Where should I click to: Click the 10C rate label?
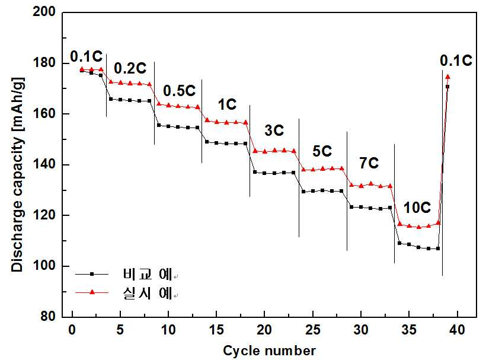pos(417,208)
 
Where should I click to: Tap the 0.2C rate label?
pos(130,68)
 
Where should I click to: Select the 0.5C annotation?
pos(180,91)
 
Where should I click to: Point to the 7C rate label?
pos(369,163)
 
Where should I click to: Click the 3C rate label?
pos(274,130)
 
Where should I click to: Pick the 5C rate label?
pos(322,151)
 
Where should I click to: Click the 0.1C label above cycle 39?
pos(456,60)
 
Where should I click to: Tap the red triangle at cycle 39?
pos(447,77)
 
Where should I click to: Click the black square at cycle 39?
pos(447,87)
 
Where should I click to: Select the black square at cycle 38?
pos(438,249)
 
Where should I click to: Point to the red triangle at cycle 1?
pos(82,69)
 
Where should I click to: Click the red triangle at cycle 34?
pos(399,224)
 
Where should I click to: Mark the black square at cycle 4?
pos(111,99)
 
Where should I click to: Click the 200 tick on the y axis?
pos(44,12)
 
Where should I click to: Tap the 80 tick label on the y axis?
pos(48,316)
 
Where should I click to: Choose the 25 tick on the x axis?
pos(312,330)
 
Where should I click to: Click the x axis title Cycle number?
pos(269,351)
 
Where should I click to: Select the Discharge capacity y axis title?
pos(17,174)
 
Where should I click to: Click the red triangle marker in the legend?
pos(92,292)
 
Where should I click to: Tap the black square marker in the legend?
pos(92,274)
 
